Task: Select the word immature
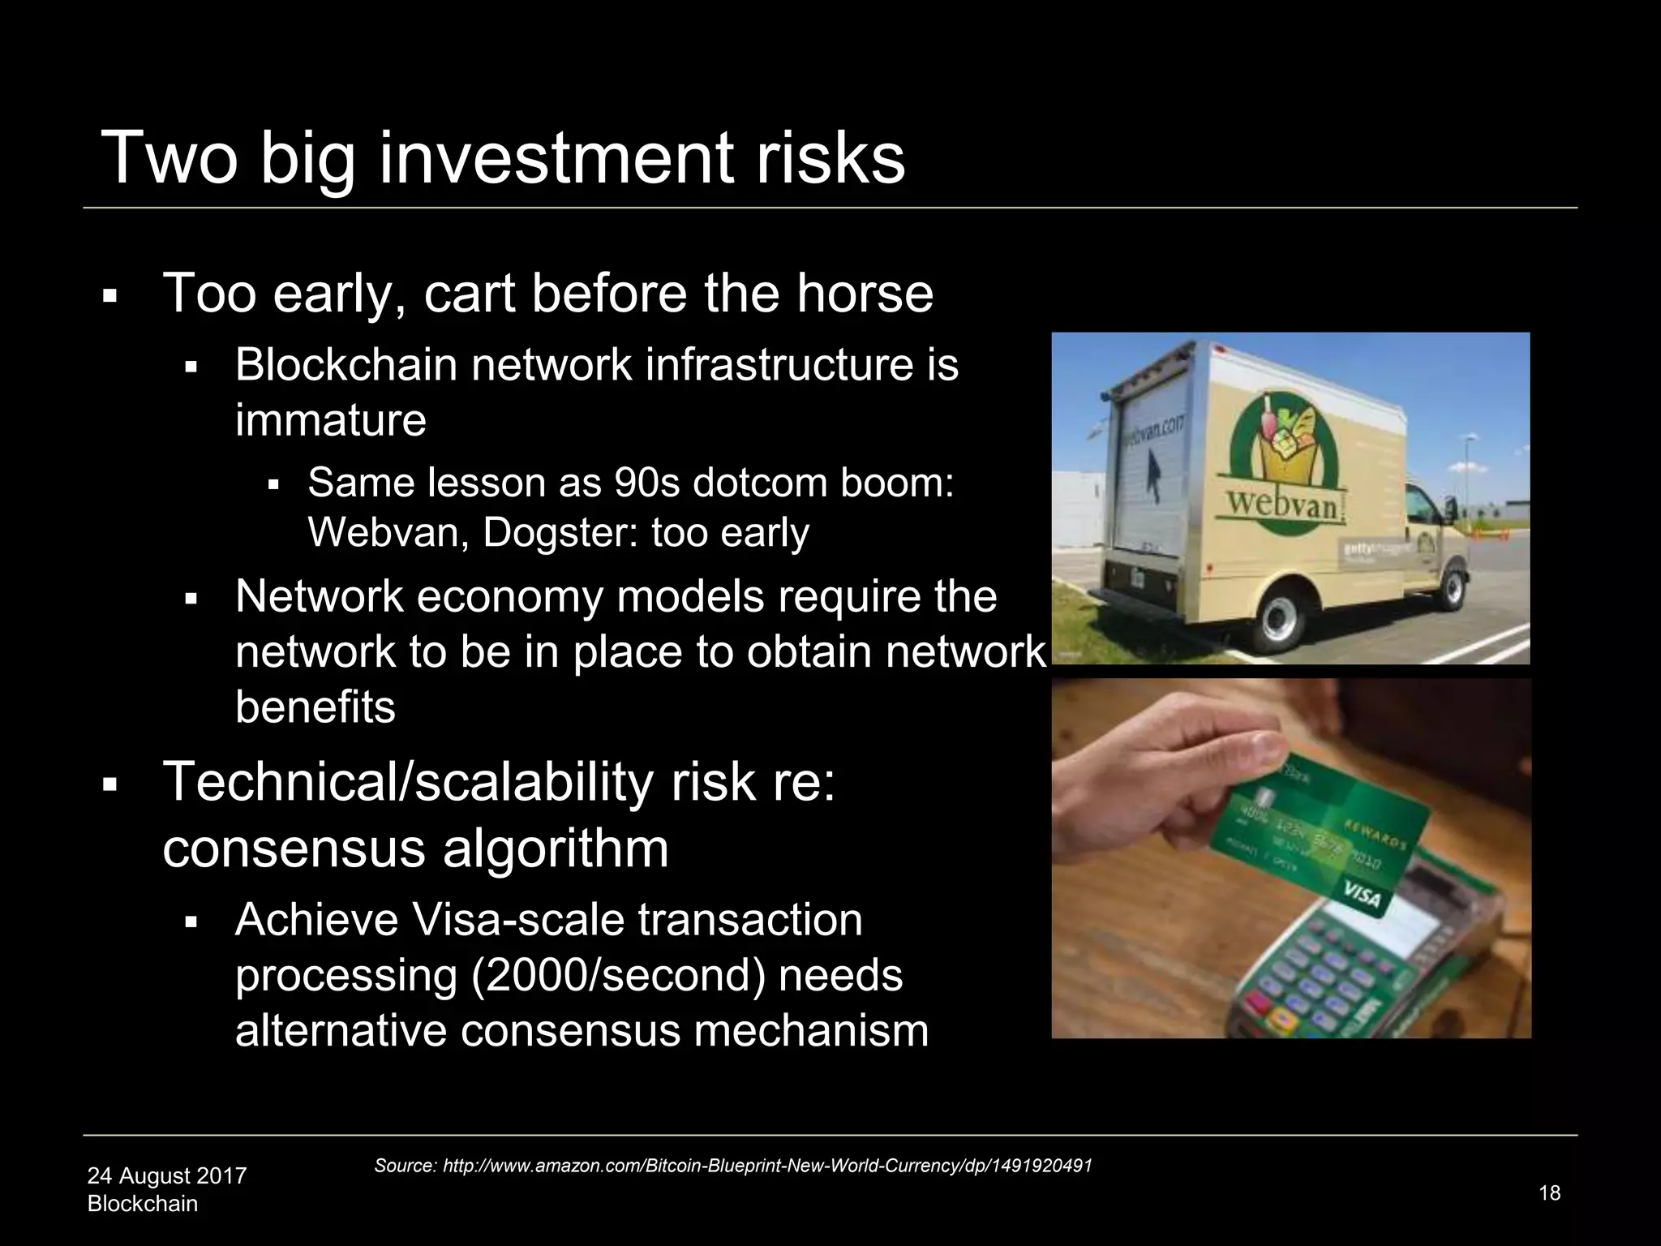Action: coord(330,420)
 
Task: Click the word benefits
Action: coord(315,707)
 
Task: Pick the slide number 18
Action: coord(1549,1192)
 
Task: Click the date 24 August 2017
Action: coord(166,1175)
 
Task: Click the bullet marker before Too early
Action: coord(110,296)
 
